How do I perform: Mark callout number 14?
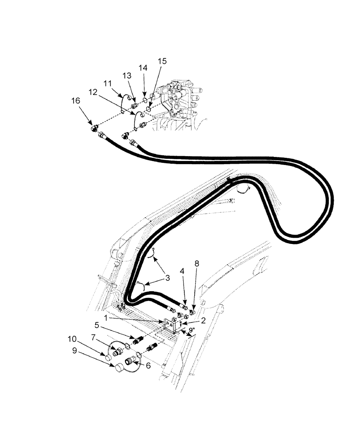tap(143, 68)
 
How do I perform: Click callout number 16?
tap(76, 101)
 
